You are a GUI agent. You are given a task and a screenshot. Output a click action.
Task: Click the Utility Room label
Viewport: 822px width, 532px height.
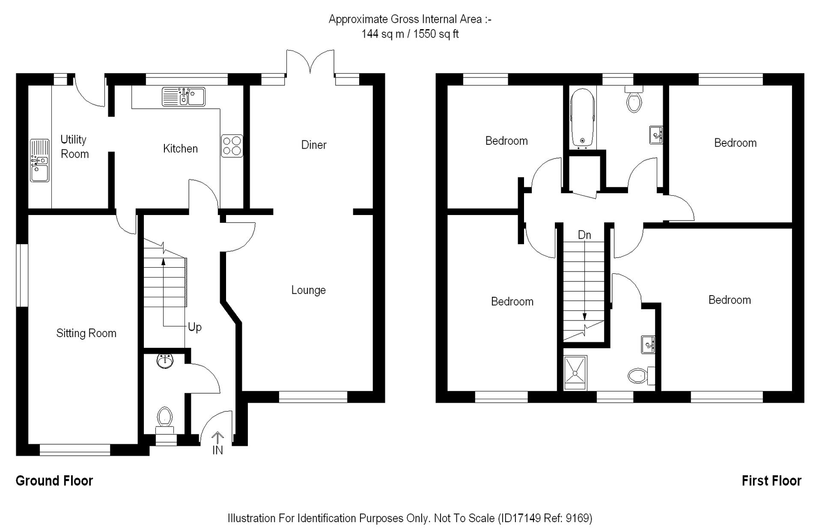click(74, 146)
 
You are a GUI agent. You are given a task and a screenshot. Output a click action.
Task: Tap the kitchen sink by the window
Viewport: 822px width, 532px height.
click(183, 96)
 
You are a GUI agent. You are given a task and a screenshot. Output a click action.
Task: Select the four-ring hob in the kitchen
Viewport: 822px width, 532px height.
click(232, 146)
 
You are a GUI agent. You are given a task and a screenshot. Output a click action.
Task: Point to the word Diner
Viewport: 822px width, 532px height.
click(314, 145)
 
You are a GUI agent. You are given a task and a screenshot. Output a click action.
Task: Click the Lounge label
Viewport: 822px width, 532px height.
click(308, 290)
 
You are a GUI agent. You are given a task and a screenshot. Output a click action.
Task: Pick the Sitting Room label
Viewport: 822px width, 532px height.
click(86, 333)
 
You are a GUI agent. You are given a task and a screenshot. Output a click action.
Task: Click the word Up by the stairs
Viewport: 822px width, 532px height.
click(195, 327)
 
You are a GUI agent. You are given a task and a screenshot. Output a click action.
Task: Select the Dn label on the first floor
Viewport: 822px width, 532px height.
click(584, 235)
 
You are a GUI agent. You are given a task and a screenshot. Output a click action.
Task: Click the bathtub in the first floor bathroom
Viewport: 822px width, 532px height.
click(582, 117)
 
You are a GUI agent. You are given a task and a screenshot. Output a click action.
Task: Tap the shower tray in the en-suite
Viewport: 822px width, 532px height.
click(575, 373)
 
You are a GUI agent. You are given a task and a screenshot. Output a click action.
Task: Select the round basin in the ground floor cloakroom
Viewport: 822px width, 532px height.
click(165, 361)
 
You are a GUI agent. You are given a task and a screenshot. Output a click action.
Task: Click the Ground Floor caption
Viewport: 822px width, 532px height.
click(54, 481)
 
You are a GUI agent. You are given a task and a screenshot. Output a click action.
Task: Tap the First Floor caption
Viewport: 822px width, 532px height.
click(771, 481)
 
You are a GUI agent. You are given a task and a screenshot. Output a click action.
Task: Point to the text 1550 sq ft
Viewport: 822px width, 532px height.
click(436, 34)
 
